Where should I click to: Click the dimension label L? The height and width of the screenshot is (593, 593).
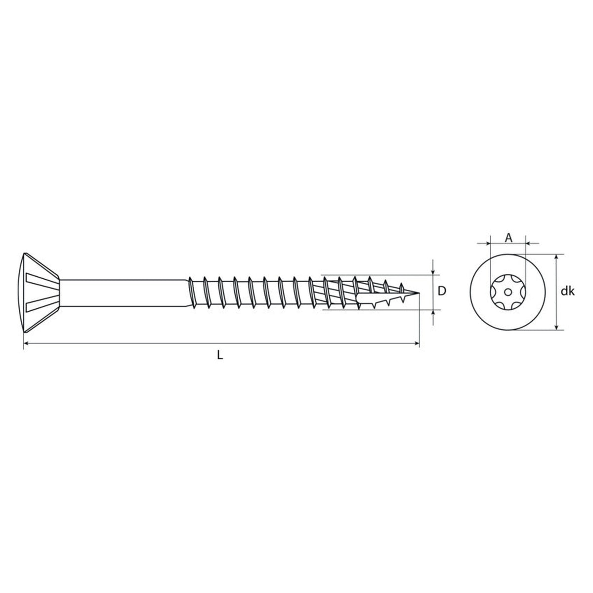[x=220, y=355]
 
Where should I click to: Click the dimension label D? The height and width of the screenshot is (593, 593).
[x=442, y=291]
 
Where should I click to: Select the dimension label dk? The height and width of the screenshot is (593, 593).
[x=567, y=291]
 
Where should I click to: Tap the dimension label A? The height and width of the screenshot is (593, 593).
[x=508, y=238]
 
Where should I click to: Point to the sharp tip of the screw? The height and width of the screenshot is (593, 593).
[x=419, y=293]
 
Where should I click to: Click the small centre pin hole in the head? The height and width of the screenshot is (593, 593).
[x=508, y=291]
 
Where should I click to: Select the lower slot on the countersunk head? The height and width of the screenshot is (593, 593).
[x=42, y=303]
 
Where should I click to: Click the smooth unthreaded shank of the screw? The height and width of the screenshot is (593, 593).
[x=124, y=293]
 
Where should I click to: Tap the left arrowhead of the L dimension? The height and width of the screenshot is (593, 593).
[x=26, y=343]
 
